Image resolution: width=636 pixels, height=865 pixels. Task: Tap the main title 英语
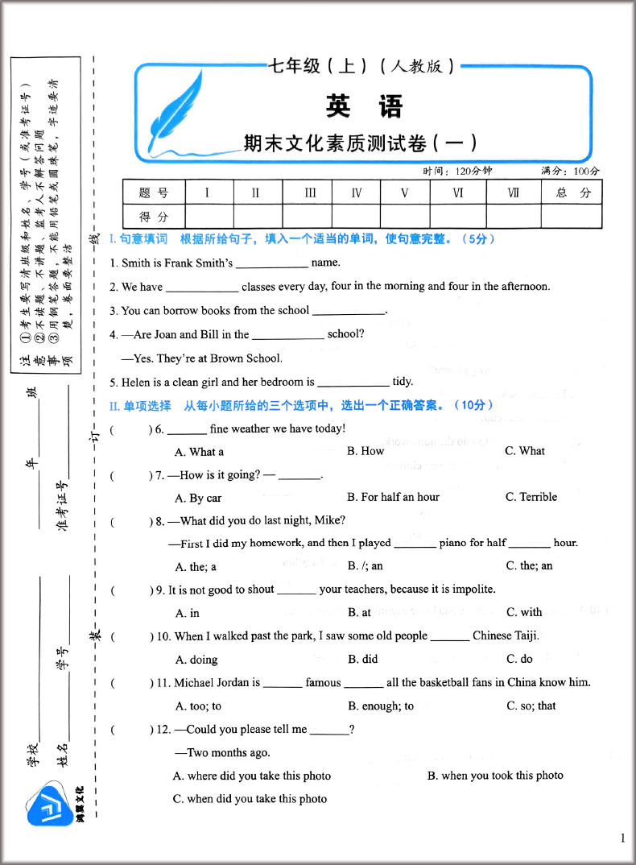(x=364, y=106)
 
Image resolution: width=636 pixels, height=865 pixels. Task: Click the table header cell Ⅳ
(x=357, y=192)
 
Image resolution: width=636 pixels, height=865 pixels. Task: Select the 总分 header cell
(x=572, y=192)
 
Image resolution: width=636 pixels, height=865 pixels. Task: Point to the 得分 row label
(x=154, y=217)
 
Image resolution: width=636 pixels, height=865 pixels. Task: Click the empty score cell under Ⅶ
(x=513, y=217)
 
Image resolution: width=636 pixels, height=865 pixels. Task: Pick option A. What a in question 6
(x=199, y=452)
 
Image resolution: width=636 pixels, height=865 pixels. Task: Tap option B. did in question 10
(x=363, y=659)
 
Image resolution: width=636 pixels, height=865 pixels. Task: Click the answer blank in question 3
(x=348, y=312)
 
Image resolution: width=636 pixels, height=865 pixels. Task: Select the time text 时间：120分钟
(x=456, y=172)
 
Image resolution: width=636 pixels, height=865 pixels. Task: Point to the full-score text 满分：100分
(x=571, y=172)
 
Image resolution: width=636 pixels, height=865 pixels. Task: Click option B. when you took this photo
(x=495, y=776)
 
